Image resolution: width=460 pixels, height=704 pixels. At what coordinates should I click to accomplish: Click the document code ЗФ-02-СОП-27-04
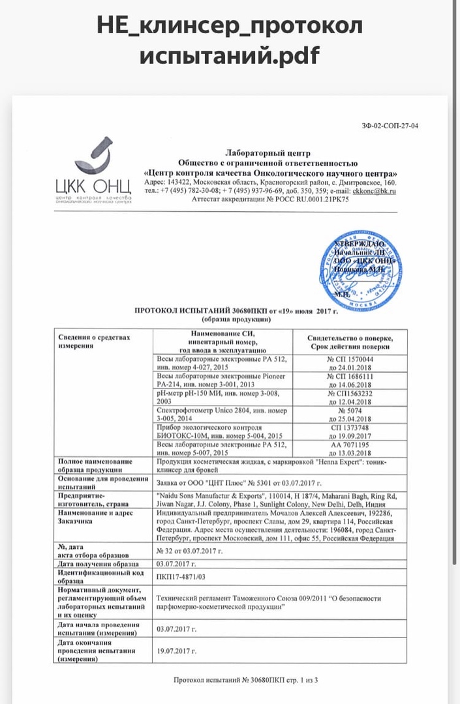click(x=390, y=126)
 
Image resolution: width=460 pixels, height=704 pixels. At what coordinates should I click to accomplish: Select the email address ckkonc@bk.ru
click(x=375, y=191)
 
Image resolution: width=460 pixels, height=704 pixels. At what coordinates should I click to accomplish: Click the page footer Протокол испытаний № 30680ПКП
click(x=245, y=681)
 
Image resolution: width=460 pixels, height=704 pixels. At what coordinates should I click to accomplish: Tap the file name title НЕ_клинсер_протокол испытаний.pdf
click(x=230, y=41)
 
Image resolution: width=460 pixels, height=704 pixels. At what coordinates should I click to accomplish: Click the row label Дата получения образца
click(x=98, y=564)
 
